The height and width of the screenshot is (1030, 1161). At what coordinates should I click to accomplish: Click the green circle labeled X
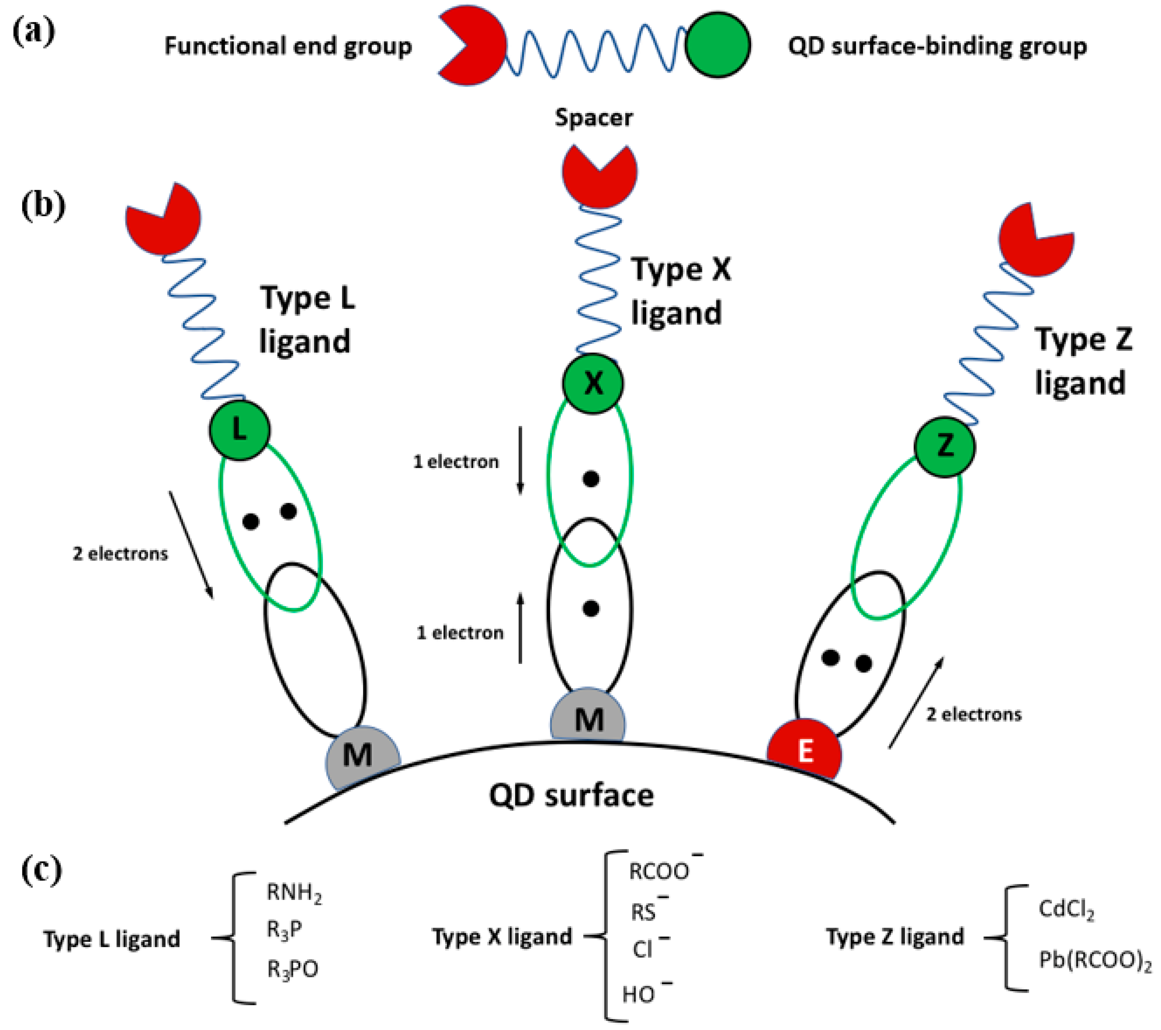click(593, 384)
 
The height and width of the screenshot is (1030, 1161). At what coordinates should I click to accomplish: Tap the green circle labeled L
click(239, 430)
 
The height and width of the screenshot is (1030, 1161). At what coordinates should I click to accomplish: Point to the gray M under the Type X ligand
click(589, 719)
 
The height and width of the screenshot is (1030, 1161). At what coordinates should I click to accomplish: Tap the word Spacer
click(594, 117)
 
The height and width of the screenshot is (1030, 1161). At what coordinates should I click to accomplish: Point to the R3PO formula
click(292, 969)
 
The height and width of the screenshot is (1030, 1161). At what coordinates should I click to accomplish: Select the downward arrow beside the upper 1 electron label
click(520, 460)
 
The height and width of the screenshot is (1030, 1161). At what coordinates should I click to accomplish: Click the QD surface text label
click(571, 795)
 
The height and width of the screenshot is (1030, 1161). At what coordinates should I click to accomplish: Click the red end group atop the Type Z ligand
click(1035, 240)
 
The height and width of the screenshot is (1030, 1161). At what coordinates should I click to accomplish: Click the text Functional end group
click(288, 46)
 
